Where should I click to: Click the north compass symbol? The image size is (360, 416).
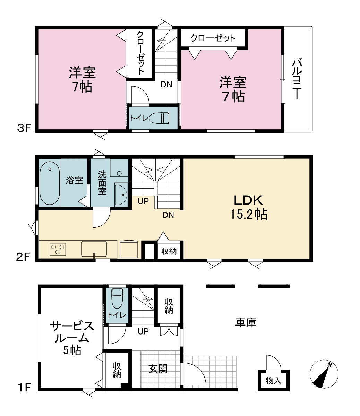pos(324,374)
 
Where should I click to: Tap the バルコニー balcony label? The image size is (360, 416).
pos(297,79)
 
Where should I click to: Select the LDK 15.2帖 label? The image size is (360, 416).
pos(248,207)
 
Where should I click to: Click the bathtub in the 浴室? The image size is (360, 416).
pos(50,183)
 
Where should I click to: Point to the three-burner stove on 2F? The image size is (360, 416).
pos(58,249)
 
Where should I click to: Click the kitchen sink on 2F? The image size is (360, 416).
pos(94,249)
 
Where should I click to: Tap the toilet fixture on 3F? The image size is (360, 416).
pos(159,118)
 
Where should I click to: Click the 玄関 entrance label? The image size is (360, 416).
pos(158,369)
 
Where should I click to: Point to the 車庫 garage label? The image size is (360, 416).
pos(246,322)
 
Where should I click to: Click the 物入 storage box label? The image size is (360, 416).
pos(274,381)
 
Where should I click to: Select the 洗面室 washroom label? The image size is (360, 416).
pos(102,183)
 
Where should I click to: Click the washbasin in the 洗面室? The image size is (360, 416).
pos(121,194)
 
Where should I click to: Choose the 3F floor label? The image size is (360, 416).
pos(24,128)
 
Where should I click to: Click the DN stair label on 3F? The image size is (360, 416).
pos(166,85)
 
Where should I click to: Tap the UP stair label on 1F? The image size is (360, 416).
pos(143,331)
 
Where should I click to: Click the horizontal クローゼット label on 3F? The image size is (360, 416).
pos(213,38)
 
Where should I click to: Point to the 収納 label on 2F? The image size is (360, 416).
pos(169,251)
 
